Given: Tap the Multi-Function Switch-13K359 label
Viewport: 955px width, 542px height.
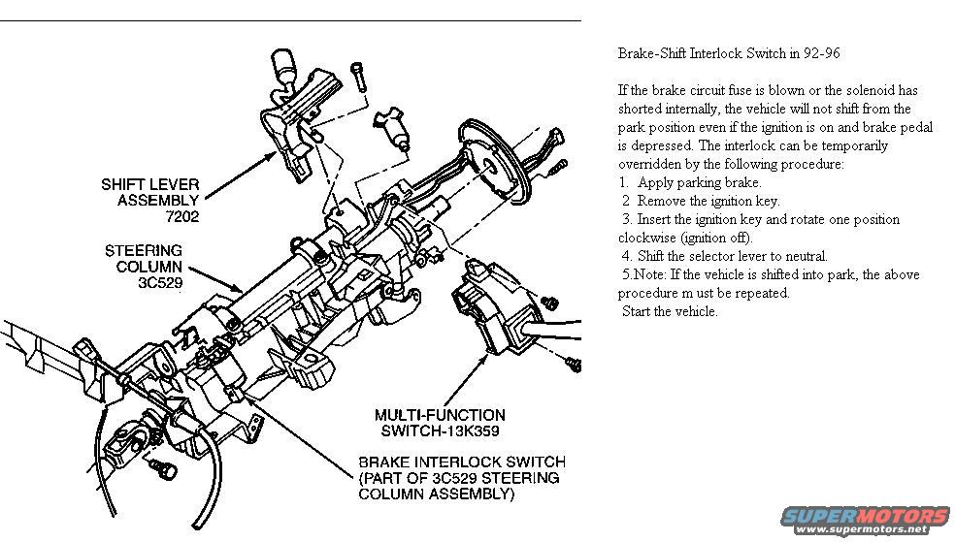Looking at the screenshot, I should click(439, 423).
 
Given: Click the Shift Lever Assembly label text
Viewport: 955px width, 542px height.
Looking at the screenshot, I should click(149, 192).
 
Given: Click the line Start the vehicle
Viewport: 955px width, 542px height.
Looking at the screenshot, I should click(670, 311).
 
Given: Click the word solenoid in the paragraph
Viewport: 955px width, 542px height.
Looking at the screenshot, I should click(869, 90).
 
